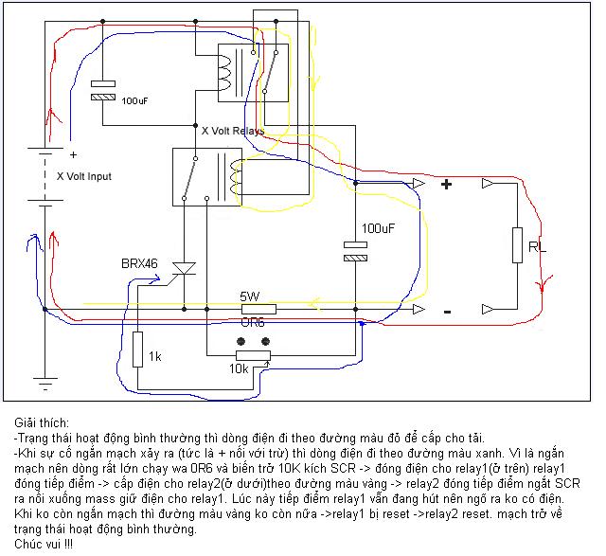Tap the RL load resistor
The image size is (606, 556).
coord(517,244)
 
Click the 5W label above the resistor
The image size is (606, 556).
coord(252,295)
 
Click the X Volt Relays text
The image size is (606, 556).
coord(233,130)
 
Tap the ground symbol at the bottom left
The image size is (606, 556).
coord(45,385)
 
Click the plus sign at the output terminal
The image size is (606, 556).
coord(447,185)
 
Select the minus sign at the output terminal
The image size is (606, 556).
coord(447,311)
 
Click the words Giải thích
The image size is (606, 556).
coord(43,421)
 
